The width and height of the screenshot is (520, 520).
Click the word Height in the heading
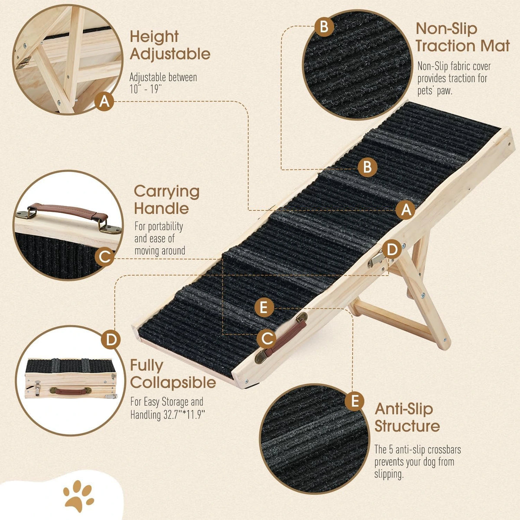(x=154, y=37)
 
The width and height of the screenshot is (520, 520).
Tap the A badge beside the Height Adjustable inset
(x=104, y=101)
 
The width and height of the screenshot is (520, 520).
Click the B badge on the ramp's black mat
(x=367, y=167)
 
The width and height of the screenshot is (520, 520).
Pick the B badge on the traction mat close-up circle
(x=324, y=27)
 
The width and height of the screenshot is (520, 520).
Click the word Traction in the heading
(x=439, y=46)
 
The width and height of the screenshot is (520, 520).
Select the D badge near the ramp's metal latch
(x=392, y=249)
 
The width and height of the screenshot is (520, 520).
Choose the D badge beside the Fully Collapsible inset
(x=110, y=340)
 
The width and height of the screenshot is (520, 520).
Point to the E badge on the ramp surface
(x=264, y=307)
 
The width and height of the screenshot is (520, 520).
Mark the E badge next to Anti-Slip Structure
(x=354, y=401)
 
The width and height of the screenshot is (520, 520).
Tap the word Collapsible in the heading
(x=173, y=383)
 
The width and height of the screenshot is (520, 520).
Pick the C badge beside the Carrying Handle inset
(x=104, y=257)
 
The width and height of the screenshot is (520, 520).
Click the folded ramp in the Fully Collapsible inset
(x=71, y=378)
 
